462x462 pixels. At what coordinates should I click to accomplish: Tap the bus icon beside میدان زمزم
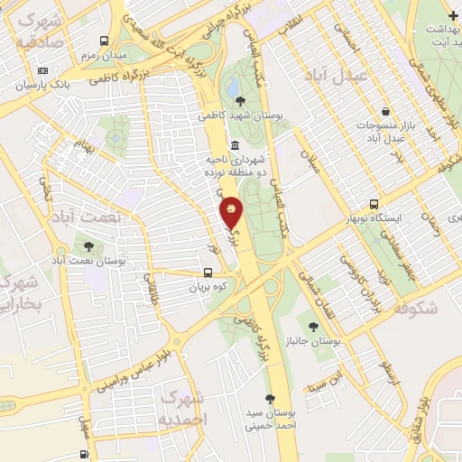[x=105, y=42]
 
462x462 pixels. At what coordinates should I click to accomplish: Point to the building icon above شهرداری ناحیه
[x=235, y=146]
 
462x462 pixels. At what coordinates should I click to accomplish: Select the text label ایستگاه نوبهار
[x=398, y=220]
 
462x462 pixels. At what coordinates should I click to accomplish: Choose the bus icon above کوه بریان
[x=208, y=273]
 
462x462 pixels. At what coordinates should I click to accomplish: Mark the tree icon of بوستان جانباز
[x=313, y=326]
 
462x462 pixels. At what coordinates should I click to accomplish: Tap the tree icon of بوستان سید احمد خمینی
[x=269, y=398]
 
